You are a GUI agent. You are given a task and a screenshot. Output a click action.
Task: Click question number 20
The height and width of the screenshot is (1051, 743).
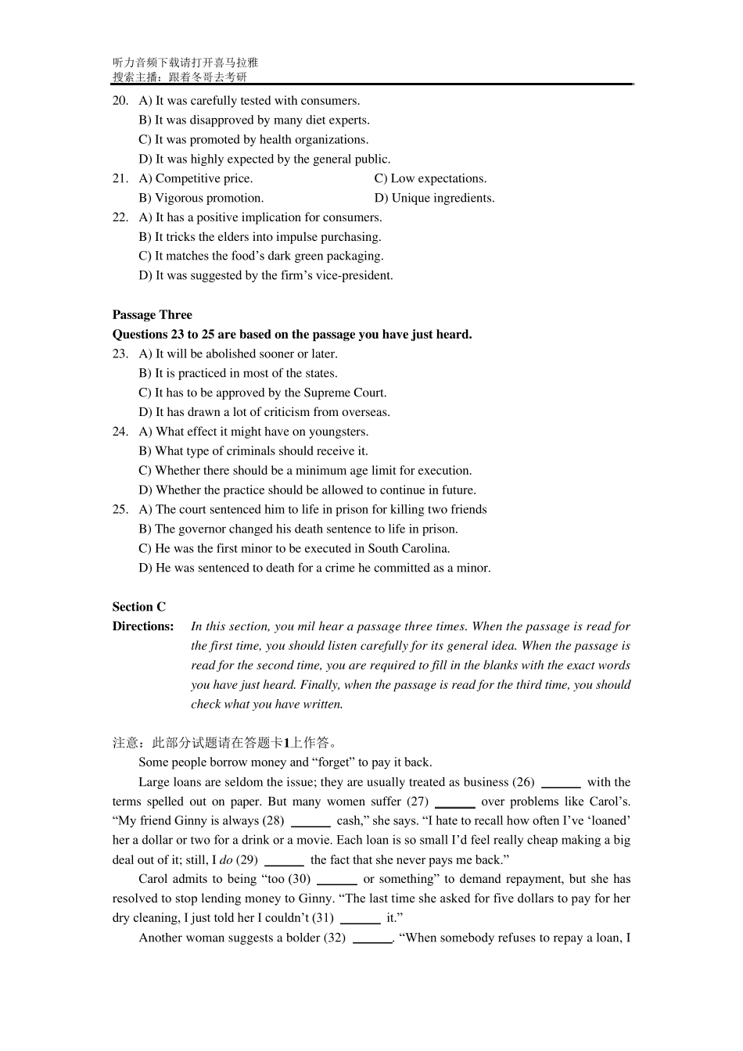click(x=120, y=101)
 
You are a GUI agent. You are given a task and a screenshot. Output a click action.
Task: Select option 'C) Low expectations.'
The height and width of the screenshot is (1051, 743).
click(x=430, y=179)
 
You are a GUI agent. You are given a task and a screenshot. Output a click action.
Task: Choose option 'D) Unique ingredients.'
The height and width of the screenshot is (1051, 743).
click(x=434, y=199)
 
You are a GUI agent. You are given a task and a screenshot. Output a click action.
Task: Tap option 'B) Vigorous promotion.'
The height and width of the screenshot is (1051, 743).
click(x=201, y=199)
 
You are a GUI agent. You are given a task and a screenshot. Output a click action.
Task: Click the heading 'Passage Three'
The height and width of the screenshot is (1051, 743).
click(x=152, y=315)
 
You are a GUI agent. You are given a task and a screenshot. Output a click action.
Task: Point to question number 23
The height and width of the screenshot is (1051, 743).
click(x=120, y=354)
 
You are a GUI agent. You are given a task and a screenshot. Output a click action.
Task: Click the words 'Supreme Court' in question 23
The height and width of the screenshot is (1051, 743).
click(x=349, y=393)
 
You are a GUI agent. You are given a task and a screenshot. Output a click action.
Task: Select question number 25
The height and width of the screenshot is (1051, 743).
click(x=120, y=510)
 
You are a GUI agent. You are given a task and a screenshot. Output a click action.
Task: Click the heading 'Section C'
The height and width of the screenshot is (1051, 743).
click(x=138, y=608)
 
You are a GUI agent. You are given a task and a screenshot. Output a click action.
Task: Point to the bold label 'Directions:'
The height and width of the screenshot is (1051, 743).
click(x=143, y=626)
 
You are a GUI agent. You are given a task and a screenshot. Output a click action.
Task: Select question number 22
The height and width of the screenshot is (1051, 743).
click(x=120, y=218)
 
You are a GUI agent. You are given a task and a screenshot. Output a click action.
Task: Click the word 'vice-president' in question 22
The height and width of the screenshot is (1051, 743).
click(x=357, y=276)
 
